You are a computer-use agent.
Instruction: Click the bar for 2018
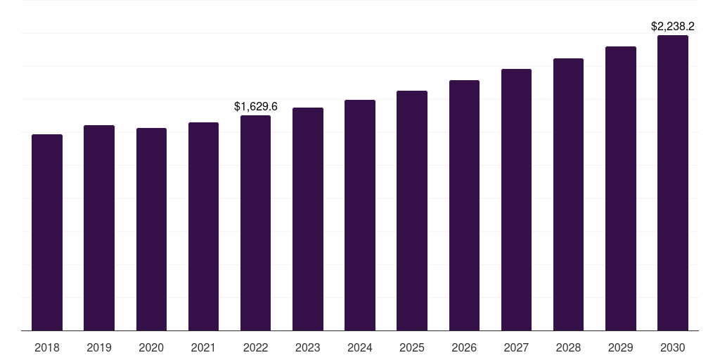tap(47, 232)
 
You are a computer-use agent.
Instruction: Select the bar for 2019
tap(99, 228)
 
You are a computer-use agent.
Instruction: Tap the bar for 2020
tap(151, 229)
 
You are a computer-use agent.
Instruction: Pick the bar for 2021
tap(203, 226)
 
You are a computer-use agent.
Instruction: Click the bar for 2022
tap(255, 223)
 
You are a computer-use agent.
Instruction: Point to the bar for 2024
tap(360, 215)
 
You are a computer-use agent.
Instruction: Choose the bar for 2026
tap(464, 205)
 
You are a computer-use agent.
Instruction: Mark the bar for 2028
tap(568, 194)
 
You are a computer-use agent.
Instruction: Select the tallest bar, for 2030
tap(673, 183)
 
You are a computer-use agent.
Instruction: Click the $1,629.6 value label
tap(256, 107)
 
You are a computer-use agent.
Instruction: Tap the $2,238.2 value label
tap(673, 27)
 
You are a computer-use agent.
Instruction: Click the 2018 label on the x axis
tap(47, 347)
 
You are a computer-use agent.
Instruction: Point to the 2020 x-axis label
tap(151, 347)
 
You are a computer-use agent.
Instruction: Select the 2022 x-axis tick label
tap(255, 347)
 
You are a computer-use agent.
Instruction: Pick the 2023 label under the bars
tap(308, 347)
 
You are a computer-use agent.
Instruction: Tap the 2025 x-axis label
tap(412, 347)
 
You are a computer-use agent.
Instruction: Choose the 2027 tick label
tap(516, 347)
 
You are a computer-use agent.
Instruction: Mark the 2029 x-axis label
tap(620, 347)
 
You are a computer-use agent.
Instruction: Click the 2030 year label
tap(673, 347)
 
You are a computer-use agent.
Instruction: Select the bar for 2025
tap(412, 210)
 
